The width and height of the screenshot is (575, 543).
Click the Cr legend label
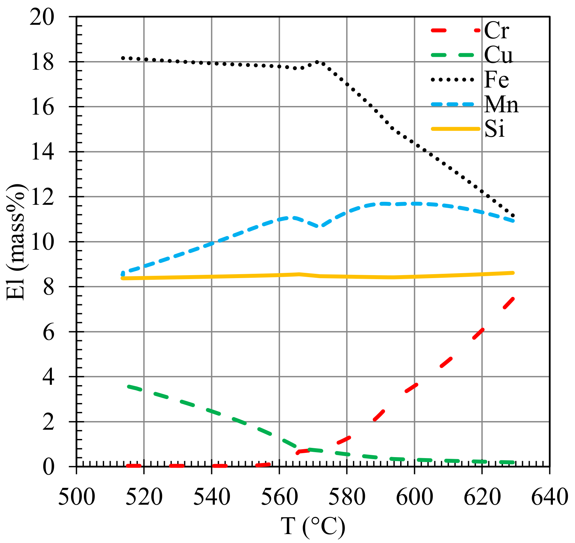[x=496, y=30]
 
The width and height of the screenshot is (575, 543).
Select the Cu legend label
[x=498, y=55]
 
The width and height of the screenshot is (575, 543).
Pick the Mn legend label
[x=501, y=104]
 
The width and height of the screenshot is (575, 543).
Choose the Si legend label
[x=494, y=129]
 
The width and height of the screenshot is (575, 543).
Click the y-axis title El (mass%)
[x=17, y=241]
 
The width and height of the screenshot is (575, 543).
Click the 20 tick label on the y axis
[x=42, y=17]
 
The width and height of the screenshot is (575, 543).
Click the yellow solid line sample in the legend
[x=455, y=129]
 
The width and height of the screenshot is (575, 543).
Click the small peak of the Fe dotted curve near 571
[x=317, y=62]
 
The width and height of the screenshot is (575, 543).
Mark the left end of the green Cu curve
[x=129, y=386]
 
